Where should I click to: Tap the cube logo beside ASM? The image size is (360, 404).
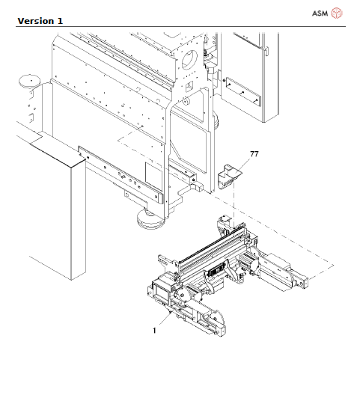338,13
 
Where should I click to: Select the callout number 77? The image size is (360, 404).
254,154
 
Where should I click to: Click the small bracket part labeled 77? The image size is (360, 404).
228,177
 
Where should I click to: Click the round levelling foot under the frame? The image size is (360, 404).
147,219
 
